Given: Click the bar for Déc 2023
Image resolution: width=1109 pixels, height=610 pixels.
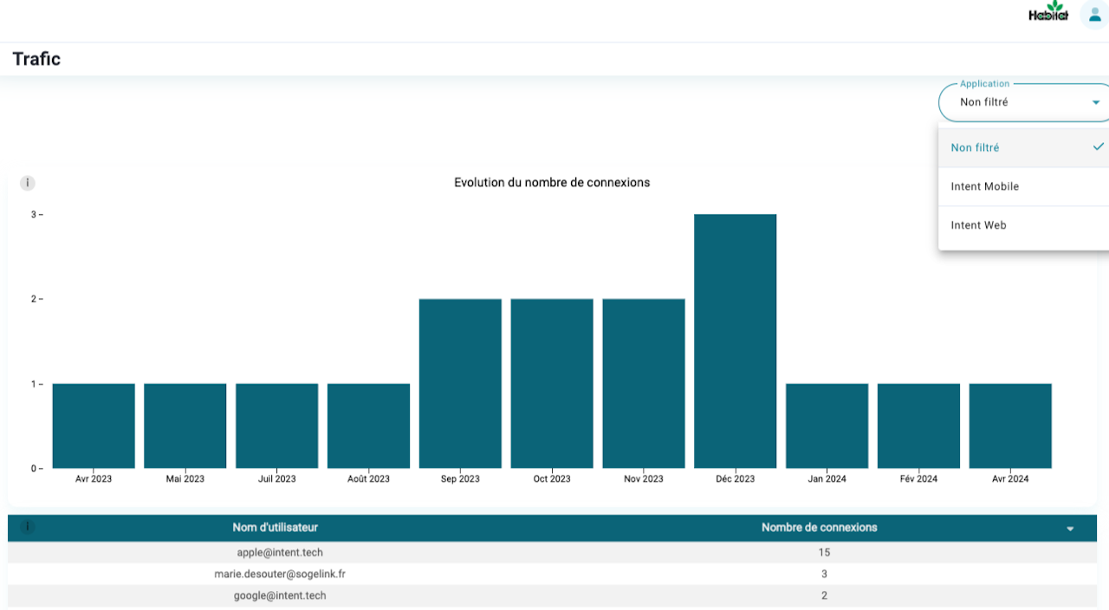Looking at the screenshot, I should pyautogui.click(x=735, y=341).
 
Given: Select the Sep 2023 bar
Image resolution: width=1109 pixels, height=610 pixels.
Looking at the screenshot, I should pyautogui.click(x=460, y=383).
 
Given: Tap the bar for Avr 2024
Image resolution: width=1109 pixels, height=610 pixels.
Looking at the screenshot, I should pyautogui.click(x=1010, y=425).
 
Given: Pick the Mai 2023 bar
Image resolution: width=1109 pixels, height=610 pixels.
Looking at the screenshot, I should pyautogui.click(x=185, y=425).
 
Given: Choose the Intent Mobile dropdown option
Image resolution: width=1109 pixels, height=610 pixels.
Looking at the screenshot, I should pyautogui.click(x=984, y=186).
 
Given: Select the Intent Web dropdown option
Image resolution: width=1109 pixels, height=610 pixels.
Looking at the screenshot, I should pyautogui.click(x=978, y=225).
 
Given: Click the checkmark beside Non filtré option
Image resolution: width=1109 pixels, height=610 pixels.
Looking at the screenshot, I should pyautogui.click(x=1098, y=147).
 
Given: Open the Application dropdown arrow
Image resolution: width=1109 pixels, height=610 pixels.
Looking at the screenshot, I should pyautogui.click(x=1096, y=102).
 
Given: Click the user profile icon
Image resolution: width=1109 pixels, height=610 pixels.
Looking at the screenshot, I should pyautogui.click(x=1095, y=15).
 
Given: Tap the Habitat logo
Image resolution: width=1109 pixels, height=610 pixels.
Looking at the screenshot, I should pyautogui.click(x=1048, y=13).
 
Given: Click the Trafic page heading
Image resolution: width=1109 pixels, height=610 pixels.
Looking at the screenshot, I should pyautogui.click(x=36, y=59).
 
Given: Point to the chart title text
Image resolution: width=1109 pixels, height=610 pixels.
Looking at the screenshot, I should pyautogui.click(x=552, y=183).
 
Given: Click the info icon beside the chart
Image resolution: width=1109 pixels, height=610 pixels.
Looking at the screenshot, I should pyautogui.click(x=28, y=183).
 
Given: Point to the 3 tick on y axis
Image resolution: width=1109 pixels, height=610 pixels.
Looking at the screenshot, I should pyautogui.click(x=34, y=214).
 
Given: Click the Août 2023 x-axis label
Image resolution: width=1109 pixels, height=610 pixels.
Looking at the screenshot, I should pyautogui.click(x=368, y=479).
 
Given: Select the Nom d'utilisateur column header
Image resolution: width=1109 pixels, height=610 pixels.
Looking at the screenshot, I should pyautogui.click(x=276, y=527).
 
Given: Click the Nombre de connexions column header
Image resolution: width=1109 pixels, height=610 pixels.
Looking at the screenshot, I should pyautogui.click(x=819, y=527).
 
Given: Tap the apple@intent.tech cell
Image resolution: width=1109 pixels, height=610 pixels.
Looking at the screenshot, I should pyautogui.click(x=280, y=552).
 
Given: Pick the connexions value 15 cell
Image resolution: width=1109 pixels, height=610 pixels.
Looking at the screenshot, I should pyautogui.click(x=823, y=552).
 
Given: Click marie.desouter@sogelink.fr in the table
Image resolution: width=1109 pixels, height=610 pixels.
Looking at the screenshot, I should pyautogui.click(x=280, y=574).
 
